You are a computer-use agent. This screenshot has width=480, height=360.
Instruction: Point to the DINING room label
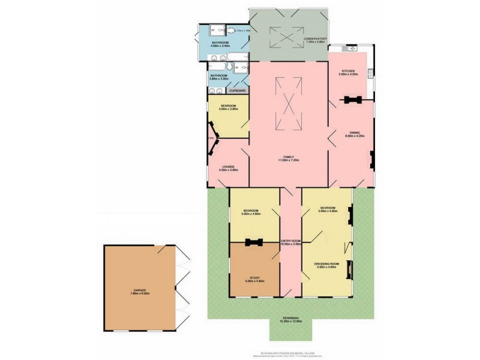tap(352, 133)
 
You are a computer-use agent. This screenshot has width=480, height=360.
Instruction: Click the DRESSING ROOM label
tap(326, 264)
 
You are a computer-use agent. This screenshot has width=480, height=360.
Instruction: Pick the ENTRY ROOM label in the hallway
tap(290, 241)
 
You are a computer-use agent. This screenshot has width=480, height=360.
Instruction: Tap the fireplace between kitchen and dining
tap(350, 98)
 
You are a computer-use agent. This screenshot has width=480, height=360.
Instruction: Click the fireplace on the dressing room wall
tap(350, 266)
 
